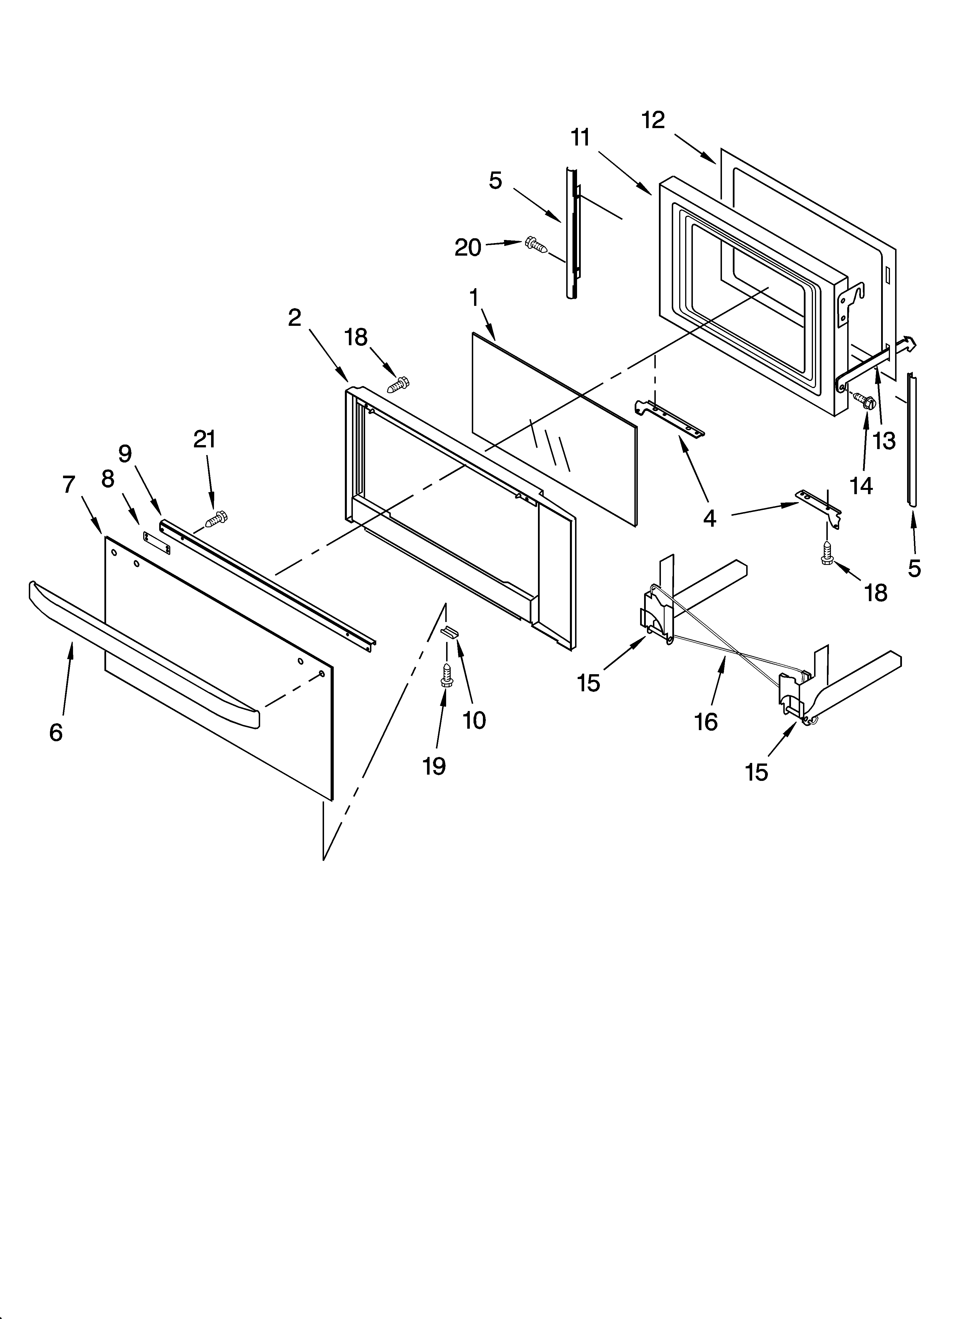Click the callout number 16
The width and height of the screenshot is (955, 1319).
706,722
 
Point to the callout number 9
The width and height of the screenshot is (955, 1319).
125,454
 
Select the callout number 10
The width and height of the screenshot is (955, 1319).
474,720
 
